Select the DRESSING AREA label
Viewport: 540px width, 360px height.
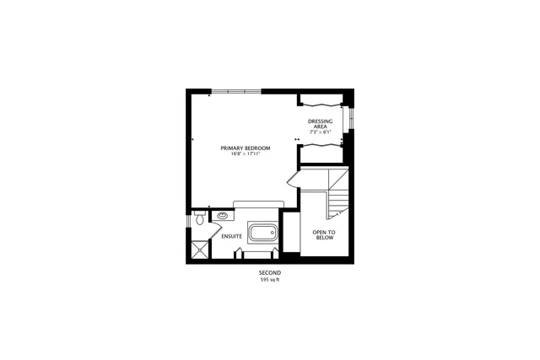click(320, 124)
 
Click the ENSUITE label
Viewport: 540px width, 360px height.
click(232, 236)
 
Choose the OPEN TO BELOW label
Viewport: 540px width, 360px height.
click(323, 234)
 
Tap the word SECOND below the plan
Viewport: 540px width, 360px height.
click(269, 273)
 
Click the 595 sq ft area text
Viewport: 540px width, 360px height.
click(269, 280)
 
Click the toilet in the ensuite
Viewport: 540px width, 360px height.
click(197, 219)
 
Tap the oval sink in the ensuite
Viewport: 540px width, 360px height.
click(224, 216)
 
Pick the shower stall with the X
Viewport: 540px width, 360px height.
click(200, 250)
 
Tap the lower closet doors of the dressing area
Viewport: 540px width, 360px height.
click(321, 145)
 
